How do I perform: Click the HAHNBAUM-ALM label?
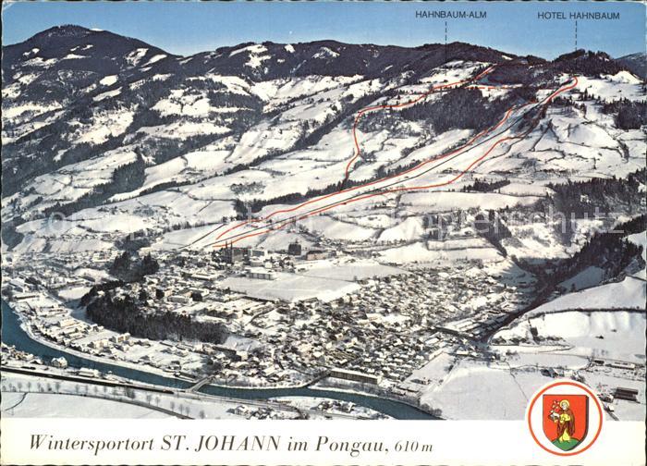[450, 15]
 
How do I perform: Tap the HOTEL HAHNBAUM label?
[578, 16]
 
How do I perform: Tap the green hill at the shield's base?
[565, 439]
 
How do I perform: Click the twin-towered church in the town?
[230, 251]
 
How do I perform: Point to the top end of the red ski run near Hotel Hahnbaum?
[574, 80]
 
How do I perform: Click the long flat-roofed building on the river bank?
[352, 375]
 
